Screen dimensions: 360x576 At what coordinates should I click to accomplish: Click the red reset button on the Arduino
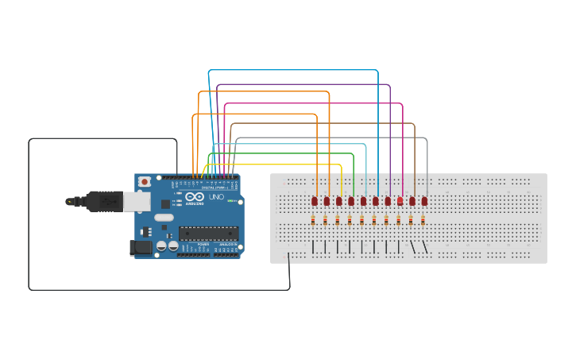(x=145, y=182)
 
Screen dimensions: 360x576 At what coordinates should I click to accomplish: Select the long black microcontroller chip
(x=207, y=233)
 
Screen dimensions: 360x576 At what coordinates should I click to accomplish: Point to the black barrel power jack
(x=141, y=248)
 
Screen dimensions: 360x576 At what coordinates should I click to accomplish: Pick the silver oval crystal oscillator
(x=164, y=217)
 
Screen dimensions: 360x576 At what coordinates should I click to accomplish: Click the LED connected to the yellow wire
(x=339, y=201)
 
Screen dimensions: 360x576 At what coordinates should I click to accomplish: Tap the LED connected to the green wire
(x=351, y=201)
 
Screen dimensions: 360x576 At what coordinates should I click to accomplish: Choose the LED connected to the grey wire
(x=425, y=201)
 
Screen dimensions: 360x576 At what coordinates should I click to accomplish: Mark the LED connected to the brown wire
(x=413, y=201)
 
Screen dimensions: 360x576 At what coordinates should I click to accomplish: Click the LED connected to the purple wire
(x=389, y=201)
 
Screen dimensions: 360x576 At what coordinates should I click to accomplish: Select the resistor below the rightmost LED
(x=423, y=220)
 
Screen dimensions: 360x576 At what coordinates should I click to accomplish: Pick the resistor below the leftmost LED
(x=313, y=220)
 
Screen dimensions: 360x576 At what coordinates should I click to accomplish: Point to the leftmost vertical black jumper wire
(x=313, y=247)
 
